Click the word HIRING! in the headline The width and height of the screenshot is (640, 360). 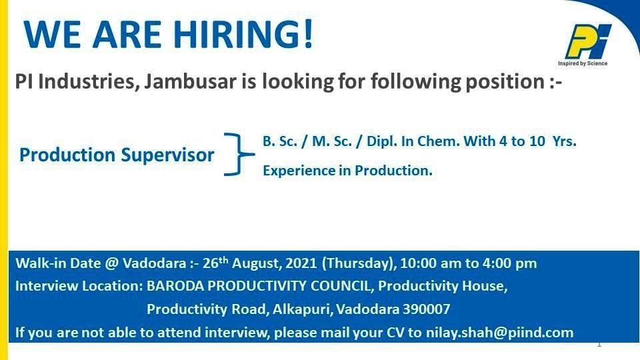pos(243,34)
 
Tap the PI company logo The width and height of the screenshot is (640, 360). pos(588,41)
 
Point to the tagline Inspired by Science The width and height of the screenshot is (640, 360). pos(583,63)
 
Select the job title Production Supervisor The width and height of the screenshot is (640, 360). pos(117,155)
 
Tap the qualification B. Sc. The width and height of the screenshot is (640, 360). pos(280,141)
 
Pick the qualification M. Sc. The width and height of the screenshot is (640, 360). pos(332,141)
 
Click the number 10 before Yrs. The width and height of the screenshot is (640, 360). pos(537,141)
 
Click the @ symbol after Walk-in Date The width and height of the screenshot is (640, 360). pos(111,263)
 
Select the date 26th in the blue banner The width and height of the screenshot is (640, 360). pos(215,263)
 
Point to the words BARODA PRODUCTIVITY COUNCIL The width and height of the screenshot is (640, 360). pos(259,286)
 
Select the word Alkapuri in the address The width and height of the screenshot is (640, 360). pos(302,309)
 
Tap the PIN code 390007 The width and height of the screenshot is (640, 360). pos(427,309)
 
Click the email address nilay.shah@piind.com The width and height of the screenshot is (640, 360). pos(499,332)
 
